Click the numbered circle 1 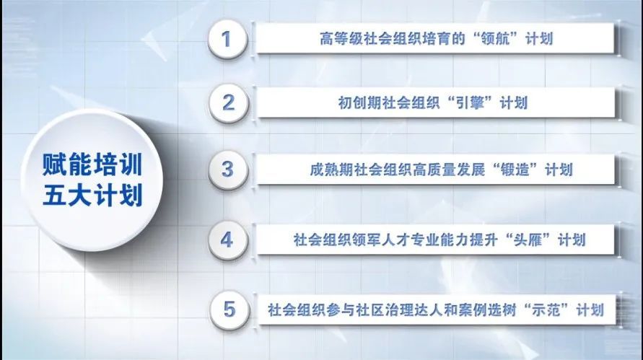(x=227, y=40)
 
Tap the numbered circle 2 (x=229, y=103)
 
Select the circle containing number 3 (x=228, y=170)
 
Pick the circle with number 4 (x=228, y=240)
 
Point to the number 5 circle (x=229, y=309)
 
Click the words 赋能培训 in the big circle (x=92, y=164)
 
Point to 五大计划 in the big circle (x=92, y=195)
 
